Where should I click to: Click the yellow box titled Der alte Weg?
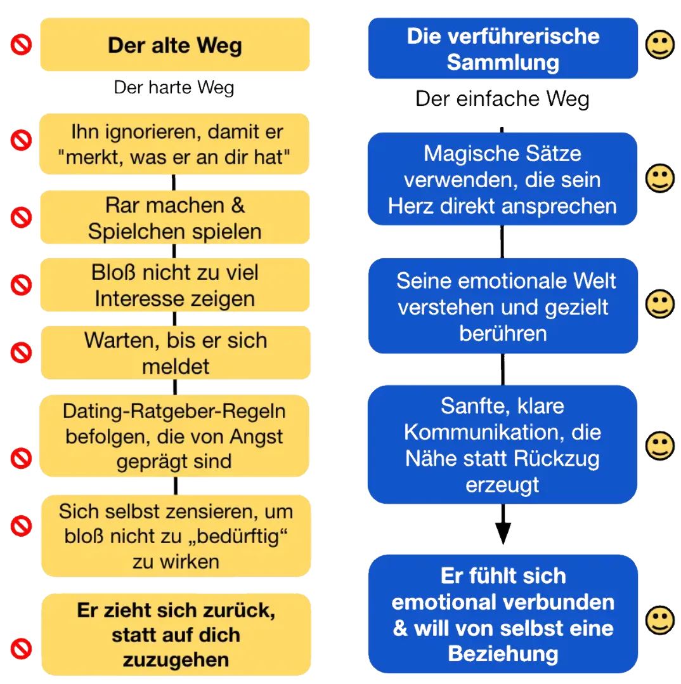click(x=175, y=44)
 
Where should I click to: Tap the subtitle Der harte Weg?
click(x=174, y=88)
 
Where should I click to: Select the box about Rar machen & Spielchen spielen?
click(x=175, y=217)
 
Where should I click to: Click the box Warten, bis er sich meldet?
click(x=175, y=353)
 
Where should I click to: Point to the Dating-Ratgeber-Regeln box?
click(x=174, y=436)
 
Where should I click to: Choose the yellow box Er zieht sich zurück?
click(x=176, y=635)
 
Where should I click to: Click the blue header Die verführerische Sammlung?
click(x=503, y=48)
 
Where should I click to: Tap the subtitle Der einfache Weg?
click(x=502, y=99)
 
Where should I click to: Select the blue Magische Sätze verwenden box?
click(x=502, y=179)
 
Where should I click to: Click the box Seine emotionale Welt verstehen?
click(x=503, y=306)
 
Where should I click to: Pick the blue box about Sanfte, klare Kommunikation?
click(x=502, y=445)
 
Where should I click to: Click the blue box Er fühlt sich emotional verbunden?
click(x=503, y=614)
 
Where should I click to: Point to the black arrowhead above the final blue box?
click(x=503, y=533)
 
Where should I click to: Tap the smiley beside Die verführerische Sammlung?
click(x=659, y=44)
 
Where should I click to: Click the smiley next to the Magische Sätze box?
click(x=659, y=178)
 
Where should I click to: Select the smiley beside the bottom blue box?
click(x=659, y=620)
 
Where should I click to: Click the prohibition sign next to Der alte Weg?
click(x=22, y=44)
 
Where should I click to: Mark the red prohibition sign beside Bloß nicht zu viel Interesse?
click(x=22, y=285)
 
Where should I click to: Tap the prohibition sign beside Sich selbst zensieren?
click(x=22, y=525)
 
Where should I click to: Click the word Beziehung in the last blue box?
click(x=503, y=654)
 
